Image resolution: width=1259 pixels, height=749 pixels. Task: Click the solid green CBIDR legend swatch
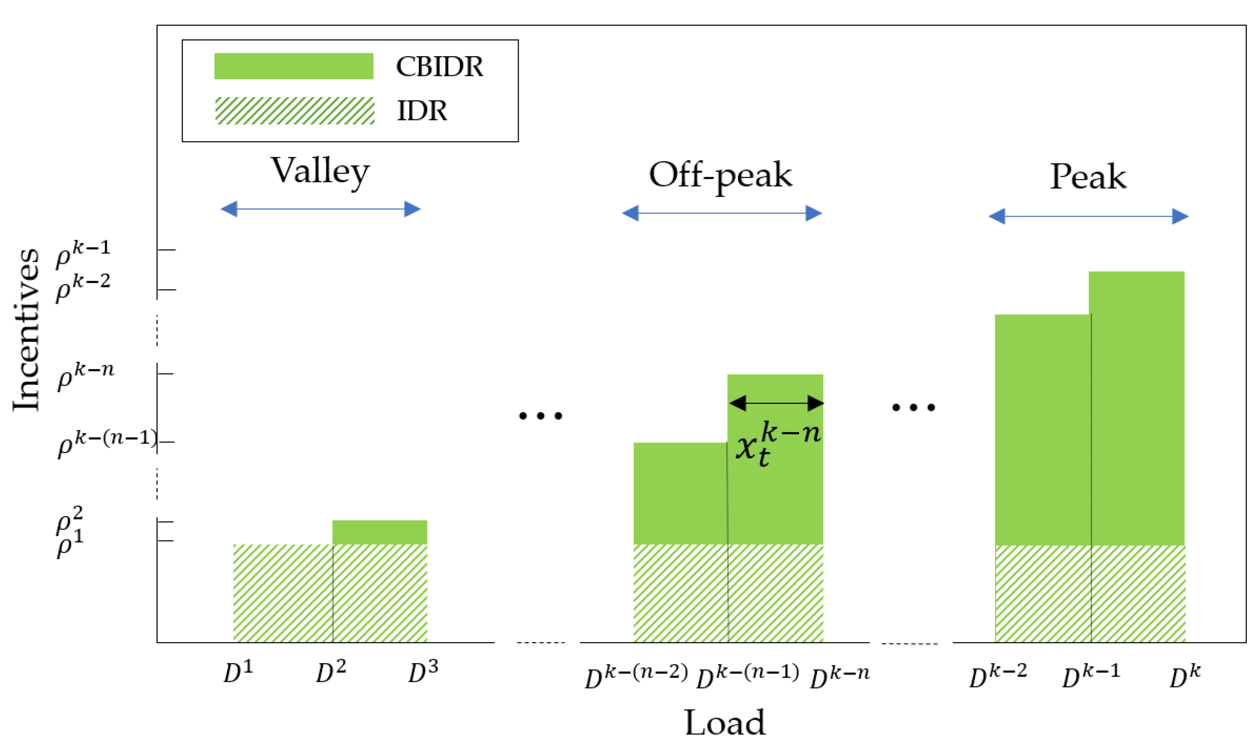(294, 66)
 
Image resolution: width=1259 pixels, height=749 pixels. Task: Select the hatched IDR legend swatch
(295, 111)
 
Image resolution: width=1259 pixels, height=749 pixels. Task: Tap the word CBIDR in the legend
(439, 67)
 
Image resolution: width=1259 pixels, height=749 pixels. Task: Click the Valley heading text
(320, 172)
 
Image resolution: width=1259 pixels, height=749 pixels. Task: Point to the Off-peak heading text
(720, 176)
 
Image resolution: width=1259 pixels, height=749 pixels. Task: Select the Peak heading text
(1088, 177)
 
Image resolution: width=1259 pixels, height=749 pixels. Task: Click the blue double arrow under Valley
(321, 209)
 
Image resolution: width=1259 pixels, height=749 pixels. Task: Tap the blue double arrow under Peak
(1088, 217)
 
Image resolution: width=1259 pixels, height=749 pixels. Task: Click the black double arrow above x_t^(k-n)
(776, 403)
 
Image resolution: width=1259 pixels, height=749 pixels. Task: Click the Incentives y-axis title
(26, 330)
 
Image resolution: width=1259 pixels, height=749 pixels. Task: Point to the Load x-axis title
(725, 723)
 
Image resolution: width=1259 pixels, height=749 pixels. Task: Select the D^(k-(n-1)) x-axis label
(748, 676)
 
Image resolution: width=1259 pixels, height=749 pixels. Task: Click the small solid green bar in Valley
(379, 532)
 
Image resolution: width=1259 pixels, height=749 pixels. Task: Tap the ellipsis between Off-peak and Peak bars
(914, 407)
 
